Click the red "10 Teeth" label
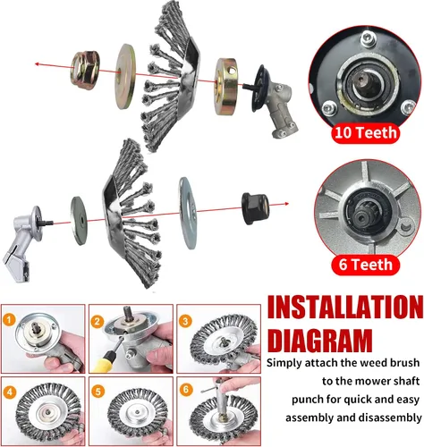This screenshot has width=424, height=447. click(x=365, y=132)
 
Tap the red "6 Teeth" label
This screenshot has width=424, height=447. click(x=365, y=265)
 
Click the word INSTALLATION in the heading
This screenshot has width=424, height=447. click(x=345, y=308)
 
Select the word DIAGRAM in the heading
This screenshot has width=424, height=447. click(x=320, y=341)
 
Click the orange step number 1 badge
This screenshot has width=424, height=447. click(x=9, y=320)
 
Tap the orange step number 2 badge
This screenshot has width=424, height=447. click(x=98, y=322)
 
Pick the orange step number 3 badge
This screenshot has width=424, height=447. click(x=185, y=321)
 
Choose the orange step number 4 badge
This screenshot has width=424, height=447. click(x=10, y=392)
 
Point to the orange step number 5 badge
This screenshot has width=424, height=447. click(x=98, y=392)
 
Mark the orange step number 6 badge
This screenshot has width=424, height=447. click(x=186, y=390)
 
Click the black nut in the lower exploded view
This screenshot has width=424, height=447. click(x=255, y=208)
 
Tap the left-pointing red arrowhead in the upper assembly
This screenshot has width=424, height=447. click(x=38, y=63)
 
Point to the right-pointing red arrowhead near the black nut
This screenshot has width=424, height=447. click(x=286, y=204)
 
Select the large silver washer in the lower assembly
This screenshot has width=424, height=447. click(x=188, y=213)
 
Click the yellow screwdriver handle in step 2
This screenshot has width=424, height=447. click(x=105, y=361)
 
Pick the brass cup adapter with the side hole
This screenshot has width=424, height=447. click(x=226, y=87)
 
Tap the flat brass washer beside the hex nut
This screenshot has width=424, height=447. click(x=125, y=76)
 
